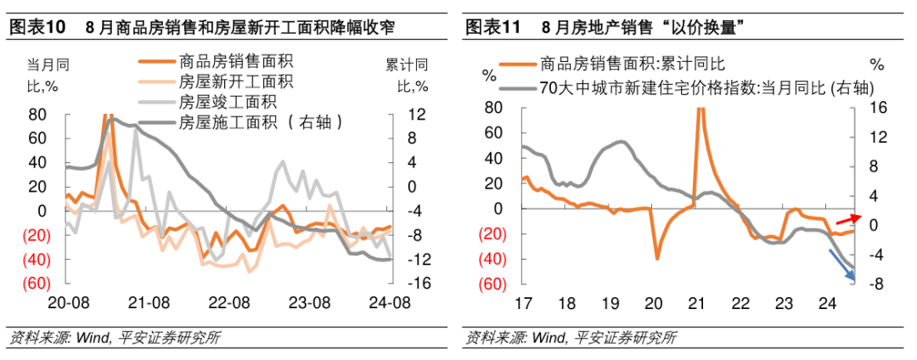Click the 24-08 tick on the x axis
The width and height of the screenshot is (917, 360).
click(x=391, y=301)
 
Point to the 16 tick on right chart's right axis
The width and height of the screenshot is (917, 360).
click(x=878, y=108)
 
